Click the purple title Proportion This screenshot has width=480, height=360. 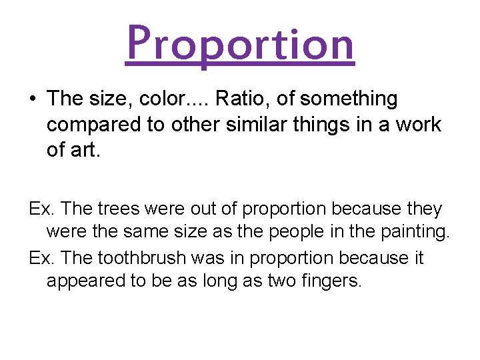(x=240, y=43)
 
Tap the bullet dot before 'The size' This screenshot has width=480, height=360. (x=33, y=99)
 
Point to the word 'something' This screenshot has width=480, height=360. (x=348, y=99)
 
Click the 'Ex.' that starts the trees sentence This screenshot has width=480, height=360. (x=41, y=209)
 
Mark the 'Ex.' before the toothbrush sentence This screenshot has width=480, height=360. (x=41, y=257)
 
